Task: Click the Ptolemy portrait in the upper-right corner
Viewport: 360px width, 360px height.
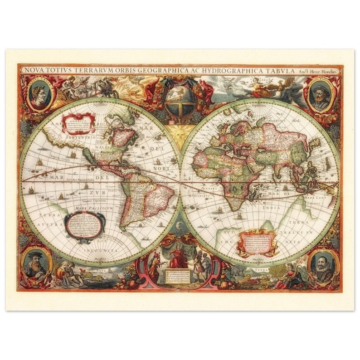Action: (x=321, y=94)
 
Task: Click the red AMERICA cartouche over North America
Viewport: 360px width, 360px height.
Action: (x=79, y=122)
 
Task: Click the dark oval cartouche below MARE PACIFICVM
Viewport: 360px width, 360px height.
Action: (x=85, y=225)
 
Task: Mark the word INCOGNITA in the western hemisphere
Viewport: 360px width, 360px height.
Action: (x=102, y=250)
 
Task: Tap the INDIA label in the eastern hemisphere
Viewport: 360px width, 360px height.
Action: (x=270, y=208)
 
